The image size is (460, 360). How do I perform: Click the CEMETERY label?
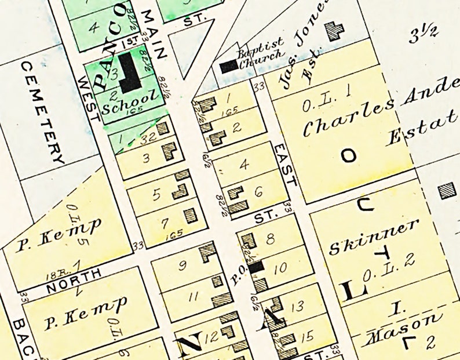[x=42, y=112]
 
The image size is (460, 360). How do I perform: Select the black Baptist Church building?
[x=229, y=66]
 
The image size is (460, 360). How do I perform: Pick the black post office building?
[x=256, y=267]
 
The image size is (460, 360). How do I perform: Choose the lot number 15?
[x=308, y=335]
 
